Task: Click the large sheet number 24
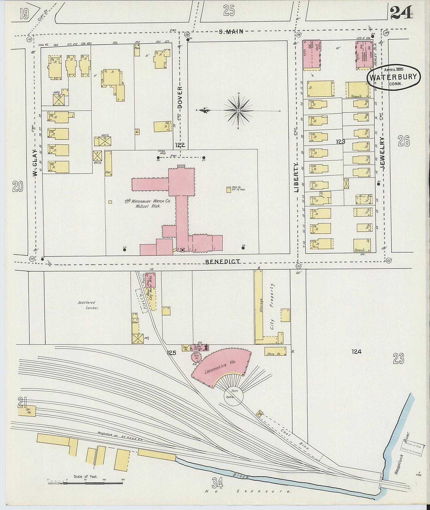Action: click(x=401, y=12)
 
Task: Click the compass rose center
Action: click(x=239, y=110)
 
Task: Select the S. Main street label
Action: click(x=231, y=32)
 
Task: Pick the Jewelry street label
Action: click(x=382, y=153)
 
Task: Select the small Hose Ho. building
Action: click(x=228, y=189)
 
